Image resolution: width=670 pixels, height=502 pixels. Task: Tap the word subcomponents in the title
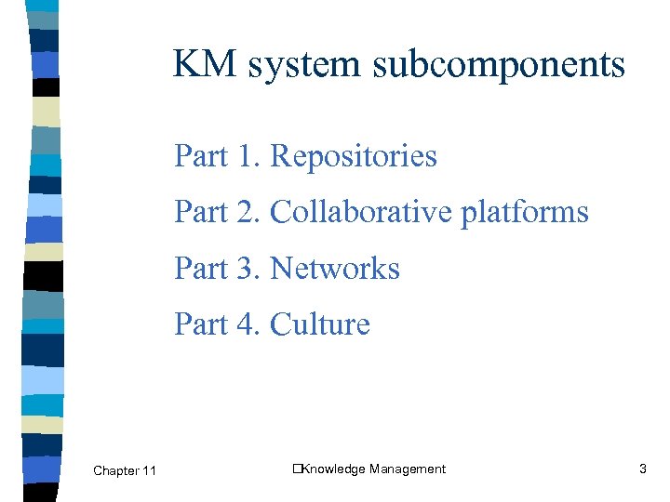click(496, 65)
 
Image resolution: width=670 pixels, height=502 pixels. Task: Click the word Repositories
click(353, 157)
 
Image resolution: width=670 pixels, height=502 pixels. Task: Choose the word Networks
click(335, 269)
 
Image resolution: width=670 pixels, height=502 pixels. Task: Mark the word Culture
click(319, 324)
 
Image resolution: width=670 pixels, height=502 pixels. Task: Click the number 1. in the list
click(248, 156)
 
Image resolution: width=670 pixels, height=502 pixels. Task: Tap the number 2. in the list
click(248, 212)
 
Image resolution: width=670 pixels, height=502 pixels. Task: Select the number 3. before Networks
click(248, 269)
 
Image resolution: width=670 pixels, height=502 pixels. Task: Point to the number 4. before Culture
click(248, 324)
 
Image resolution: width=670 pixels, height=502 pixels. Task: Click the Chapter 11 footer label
click(125, 471)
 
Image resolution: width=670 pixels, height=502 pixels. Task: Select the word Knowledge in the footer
click(332, 469)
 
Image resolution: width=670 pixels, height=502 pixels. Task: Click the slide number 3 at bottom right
click(642, 469)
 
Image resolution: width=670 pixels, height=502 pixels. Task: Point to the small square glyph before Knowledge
click(296, 469)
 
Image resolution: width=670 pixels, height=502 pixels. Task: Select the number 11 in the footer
click(149, 471)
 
